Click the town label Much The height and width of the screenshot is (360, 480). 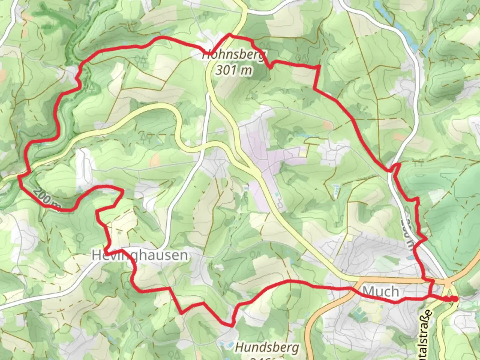[380, 292]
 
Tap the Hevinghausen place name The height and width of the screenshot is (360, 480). [139, 255]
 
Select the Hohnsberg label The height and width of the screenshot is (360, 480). [235, 55]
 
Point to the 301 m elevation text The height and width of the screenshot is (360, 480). [234, 70]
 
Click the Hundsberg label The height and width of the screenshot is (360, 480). [267, 348]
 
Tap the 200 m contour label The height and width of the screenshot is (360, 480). [47, 200]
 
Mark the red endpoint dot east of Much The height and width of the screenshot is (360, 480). [455, 299]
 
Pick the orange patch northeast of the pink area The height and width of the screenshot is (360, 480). [328, 125]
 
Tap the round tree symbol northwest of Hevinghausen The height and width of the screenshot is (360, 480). [80, 238]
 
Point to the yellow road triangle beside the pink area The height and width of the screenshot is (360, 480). [257, 171]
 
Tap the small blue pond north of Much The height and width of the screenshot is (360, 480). [410, 257]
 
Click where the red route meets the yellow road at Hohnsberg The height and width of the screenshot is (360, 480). [229, 34]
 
